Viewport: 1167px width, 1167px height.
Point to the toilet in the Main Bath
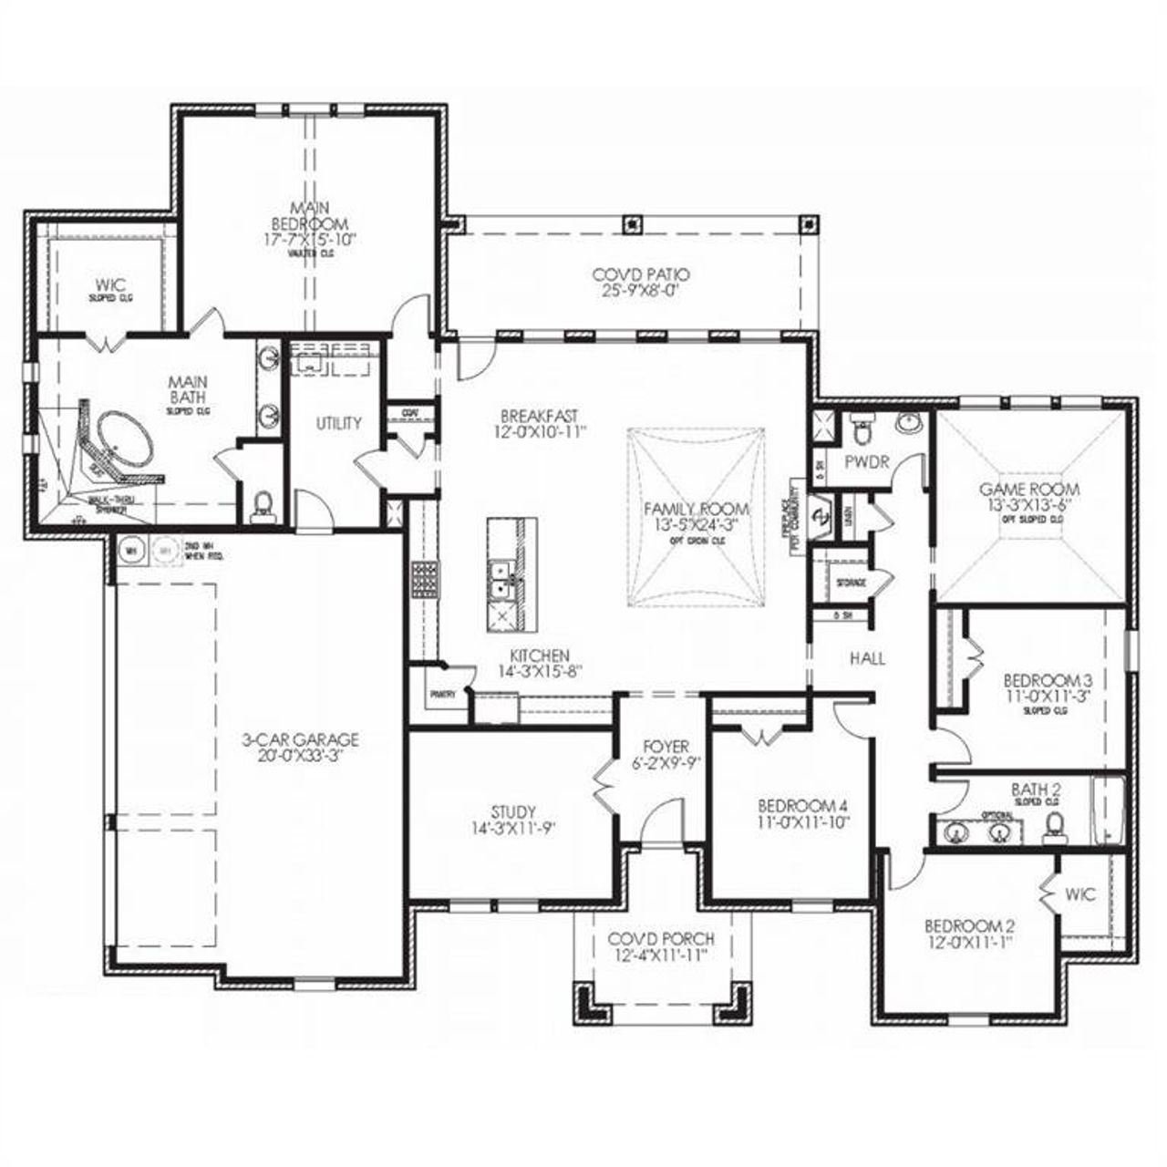(263, 504)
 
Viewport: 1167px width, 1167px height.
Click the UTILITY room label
(338, 423)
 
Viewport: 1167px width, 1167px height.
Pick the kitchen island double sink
(500, 581)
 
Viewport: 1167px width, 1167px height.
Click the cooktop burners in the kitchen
(424, 578)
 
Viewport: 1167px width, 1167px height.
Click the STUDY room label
(512, 811)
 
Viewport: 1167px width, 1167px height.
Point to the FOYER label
(666, 747)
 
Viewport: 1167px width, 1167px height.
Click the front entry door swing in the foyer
(661, 821)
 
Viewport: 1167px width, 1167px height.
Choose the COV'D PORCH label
(661, 939)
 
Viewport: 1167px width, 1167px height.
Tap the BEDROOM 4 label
(803, 806)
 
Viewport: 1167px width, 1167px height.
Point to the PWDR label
(866, 462)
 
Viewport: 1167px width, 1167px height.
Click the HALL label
(867, 658)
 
